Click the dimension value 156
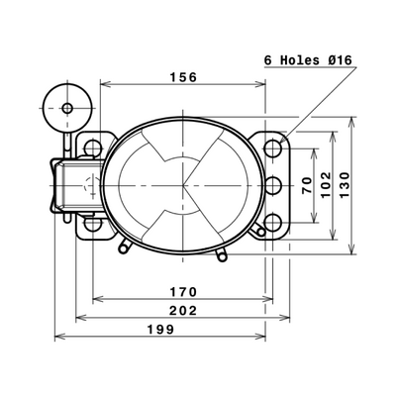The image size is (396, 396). click(183, 77)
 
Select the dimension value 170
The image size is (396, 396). click(183, 292)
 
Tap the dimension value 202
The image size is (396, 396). click(183, 311)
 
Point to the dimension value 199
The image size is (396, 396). click(160, 329)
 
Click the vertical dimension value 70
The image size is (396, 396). click(307, 185)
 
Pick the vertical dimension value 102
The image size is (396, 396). click(326, 185)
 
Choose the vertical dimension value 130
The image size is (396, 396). click(345, 185)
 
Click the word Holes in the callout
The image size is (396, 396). click(300, 60)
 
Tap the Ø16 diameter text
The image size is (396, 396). click(340, 60)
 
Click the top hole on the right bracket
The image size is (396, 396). click(273, 148)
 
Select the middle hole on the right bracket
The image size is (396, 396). click(273, 185)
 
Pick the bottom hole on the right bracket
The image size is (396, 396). click(273, 223)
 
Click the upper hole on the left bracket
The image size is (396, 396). click(93, 148)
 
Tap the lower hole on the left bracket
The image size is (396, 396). click(93, 224)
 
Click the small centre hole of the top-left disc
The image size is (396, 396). click(67, 108)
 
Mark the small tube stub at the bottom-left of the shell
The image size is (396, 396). click(124, 247)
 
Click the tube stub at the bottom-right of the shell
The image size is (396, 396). click(221, 254)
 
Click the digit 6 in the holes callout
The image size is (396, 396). click(268, 60)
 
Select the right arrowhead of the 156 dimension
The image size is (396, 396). click(260, 84)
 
